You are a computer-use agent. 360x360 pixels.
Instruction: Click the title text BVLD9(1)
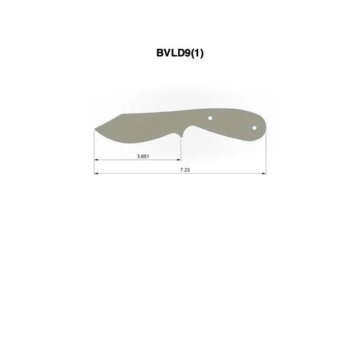coord(180,53)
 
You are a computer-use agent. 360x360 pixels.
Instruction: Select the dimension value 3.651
coord(143,156)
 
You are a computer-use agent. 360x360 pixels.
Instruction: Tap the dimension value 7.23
coord(185,170)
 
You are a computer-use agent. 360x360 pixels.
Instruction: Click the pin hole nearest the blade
coord(210,118)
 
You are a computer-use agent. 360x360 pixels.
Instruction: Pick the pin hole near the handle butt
coord(254,128)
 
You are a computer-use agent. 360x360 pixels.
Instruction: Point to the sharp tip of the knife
coord(95,129)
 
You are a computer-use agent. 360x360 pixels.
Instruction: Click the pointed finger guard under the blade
coord(181,137)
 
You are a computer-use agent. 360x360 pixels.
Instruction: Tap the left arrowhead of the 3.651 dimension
coord(96,159)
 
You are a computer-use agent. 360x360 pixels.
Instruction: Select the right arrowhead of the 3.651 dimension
coord(179,159)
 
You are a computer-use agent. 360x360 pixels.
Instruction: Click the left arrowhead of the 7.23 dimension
coord(96,174)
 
